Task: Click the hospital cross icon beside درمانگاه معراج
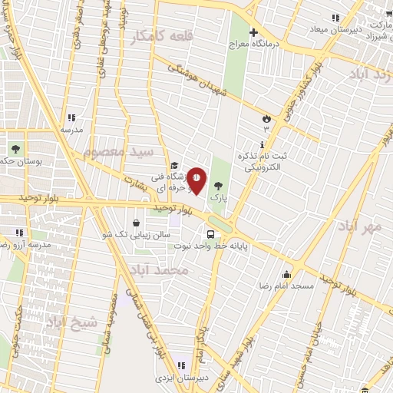click(253, 31)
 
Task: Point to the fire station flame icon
click(266, 118)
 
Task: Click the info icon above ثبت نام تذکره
click(263, 144)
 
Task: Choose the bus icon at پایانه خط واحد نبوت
click(210, 234)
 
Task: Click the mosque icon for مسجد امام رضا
click(287, 275)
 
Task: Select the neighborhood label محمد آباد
click(181, 270)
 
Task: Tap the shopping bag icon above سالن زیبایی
click(136, 223)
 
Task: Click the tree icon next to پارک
click(220, 185)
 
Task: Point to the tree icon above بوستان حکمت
click(15, 147)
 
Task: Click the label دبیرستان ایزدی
click(181, 377)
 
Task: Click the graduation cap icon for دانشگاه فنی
click(174, 164)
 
